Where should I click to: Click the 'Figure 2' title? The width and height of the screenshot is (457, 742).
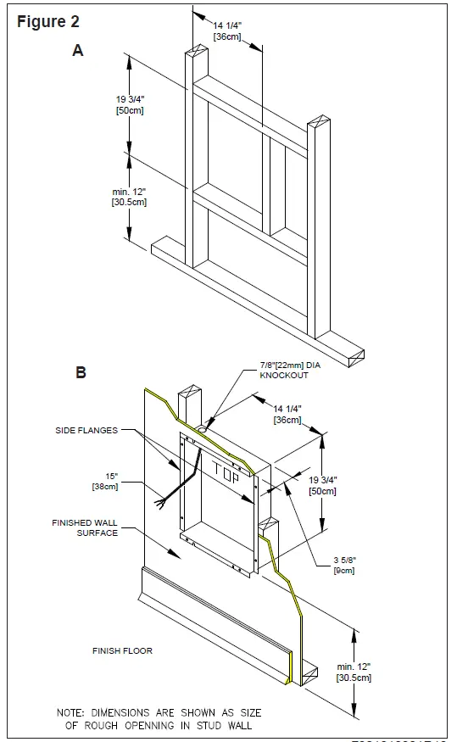click(54, 22)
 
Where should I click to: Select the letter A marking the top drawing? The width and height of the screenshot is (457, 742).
click(78, 51)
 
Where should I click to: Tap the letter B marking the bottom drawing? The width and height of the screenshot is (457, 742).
click(81, 371)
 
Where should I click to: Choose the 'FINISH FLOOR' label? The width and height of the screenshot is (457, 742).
click(122, 651)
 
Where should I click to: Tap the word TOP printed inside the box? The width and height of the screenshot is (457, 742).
click(226, 467)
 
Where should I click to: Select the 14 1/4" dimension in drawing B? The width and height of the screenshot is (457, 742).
click(286, 415)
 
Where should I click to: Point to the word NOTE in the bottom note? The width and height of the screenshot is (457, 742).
click(72, 712)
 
